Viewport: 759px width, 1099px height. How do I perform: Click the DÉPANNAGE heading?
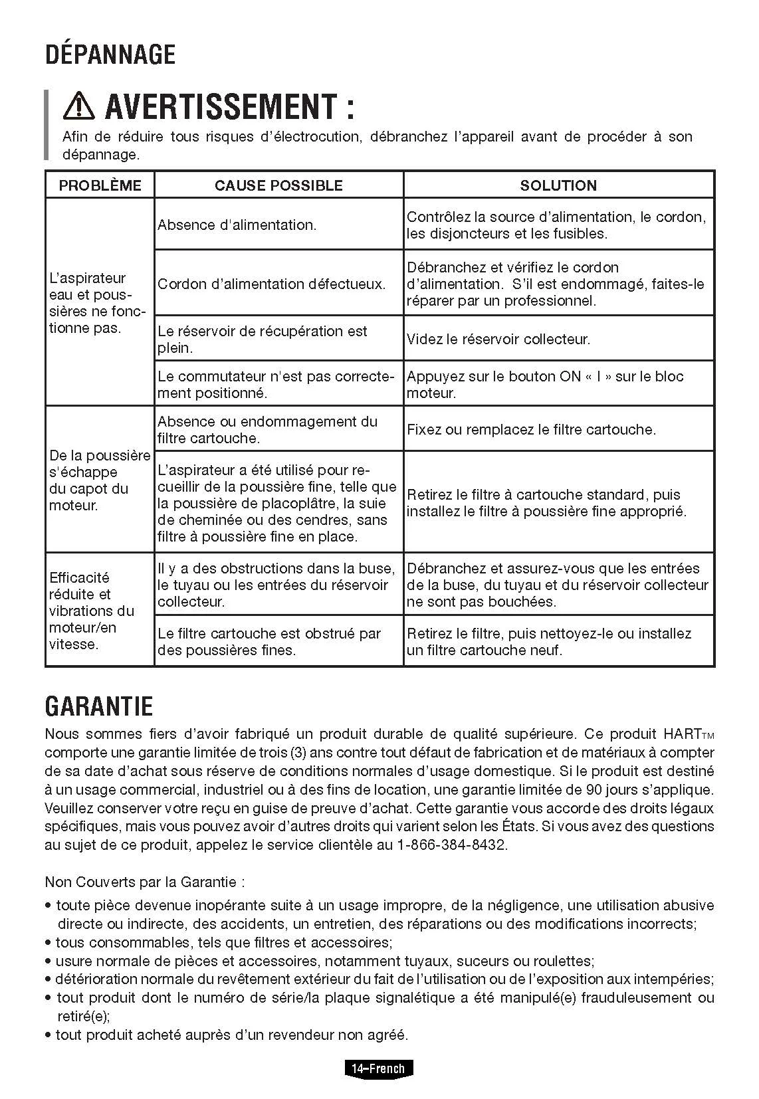110,54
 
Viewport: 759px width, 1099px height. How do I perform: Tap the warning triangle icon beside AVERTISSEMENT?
79,106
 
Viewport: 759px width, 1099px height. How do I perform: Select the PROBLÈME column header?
100,185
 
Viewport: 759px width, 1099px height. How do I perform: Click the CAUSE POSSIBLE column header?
278,185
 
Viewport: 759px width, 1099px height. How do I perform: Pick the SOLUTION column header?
558,185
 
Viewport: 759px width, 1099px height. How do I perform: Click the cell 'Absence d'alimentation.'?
237,225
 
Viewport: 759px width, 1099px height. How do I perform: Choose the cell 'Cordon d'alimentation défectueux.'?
271,284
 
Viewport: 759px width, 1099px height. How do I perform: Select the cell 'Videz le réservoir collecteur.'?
498,340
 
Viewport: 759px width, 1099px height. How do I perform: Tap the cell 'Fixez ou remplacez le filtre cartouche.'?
531,430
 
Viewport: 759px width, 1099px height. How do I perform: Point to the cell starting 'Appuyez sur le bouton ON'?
545,385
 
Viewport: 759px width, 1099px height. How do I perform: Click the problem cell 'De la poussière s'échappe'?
100,480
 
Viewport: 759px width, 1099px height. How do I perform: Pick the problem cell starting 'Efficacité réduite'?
92,611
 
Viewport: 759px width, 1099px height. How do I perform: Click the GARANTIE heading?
99,706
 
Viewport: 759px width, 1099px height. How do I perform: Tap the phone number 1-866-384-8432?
451,845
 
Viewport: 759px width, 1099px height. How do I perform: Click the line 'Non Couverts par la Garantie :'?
145,882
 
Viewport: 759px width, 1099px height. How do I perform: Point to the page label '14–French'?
378,1069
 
